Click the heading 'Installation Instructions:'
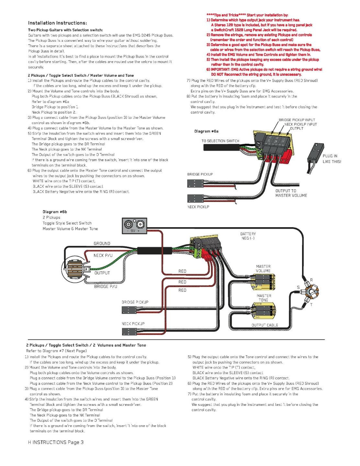(x=58, y=23)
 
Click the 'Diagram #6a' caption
(x=206, y=131)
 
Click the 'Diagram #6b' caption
(x=55, y=212)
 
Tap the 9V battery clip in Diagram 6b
(x=135, y=226)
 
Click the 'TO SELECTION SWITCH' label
(x=220, y=141)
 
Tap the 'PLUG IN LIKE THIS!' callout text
(x=332, y=159)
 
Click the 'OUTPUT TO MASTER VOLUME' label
(x=291, y=193)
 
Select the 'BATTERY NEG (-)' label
(x=248, y=236)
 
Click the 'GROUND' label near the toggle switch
(x=102, y=243)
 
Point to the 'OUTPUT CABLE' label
(x=264, y=325)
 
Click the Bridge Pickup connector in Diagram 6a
(x=195, y=183)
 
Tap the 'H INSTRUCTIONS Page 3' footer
(x=56, y=442)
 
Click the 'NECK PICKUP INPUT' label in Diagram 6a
(x=300, y=124)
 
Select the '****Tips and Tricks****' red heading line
(x=247, y=15)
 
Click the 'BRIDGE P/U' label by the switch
(x=106, y=286)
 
